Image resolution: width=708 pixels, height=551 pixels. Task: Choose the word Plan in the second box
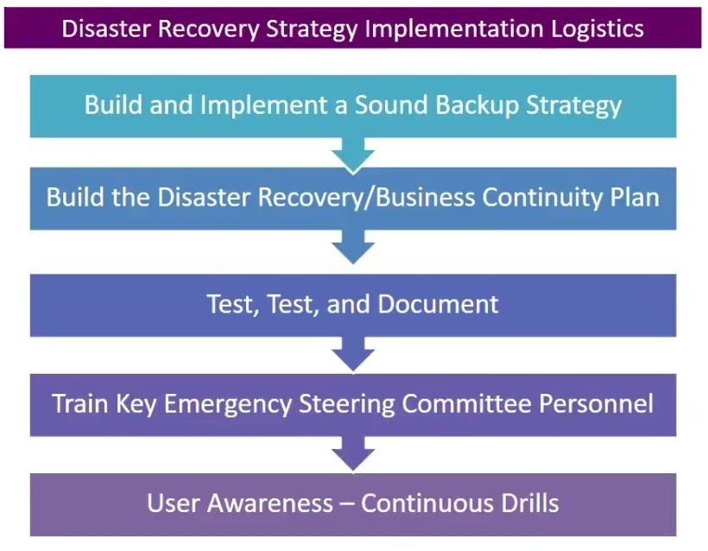pyautogui.click(x=635, y=197)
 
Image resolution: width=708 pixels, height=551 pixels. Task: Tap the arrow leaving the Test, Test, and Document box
pyautogui.click(x=353, y=353)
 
